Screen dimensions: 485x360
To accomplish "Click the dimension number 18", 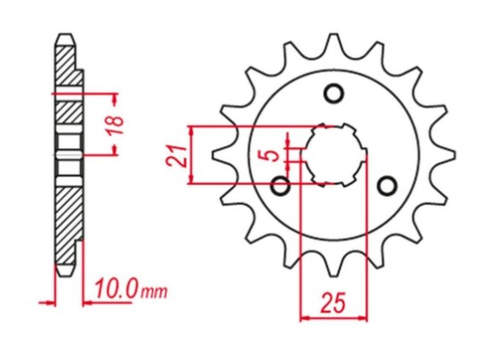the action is [x=116, y=125].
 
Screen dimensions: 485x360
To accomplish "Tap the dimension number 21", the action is [x=177, y=155].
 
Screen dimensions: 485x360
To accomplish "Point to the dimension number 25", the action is [x=333, y=303].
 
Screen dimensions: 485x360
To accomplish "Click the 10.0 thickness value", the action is [x=117, y=288].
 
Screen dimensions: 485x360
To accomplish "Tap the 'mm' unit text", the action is [x=154, y=292].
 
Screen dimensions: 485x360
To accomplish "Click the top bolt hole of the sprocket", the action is [x=334, y=93].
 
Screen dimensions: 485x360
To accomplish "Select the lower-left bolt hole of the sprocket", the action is [x=280, y=186].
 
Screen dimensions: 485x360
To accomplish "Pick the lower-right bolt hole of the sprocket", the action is [x=388, y=186].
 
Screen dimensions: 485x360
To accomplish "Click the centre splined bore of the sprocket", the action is [x=334, y=155].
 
